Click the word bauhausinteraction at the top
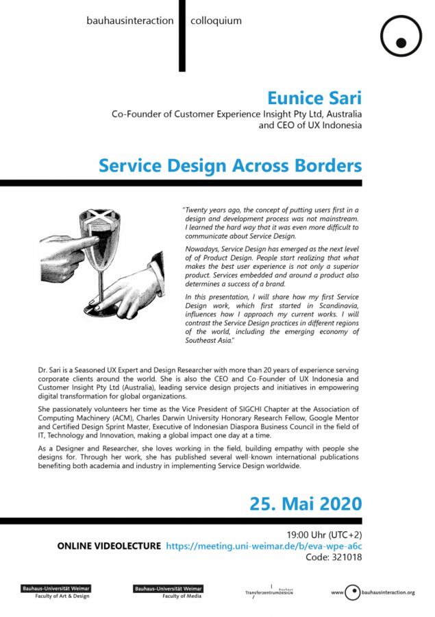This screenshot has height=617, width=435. click(130, 21)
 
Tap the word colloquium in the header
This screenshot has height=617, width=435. click(216, 21)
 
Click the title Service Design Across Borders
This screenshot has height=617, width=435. click(230, 166)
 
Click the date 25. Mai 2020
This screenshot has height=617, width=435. click(306, 503)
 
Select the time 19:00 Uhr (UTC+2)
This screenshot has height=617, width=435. click(324, 534)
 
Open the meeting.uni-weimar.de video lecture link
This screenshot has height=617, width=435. click(264, 546)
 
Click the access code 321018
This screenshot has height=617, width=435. click(347, 557)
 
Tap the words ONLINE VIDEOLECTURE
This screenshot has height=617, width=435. click(110, 546)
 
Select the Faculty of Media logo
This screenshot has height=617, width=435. click(168, 592)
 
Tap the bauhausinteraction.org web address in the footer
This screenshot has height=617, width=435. click(387, 592)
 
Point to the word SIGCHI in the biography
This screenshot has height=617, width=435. click(265, 409)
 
